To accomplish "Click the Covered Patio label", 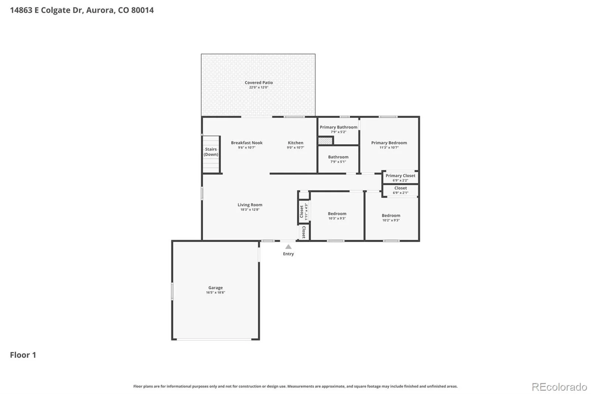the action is (259, 83).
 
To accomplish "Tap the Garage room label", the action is (216, 288).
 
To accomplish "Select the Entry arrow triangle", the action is (288, 247).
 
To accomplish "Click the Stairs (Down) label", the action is (211, 152).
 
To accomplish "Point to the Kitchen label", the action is (295, 143).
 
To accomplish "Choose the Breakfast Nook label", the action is (247, 143).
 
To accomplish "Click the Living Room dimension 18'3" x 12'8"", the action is (250, 210).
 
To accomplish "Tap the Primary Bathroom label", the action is (338, 127).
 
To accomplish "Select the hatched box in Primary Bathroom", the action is (325, 141).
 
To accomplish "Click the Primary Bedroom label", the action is (389, 143).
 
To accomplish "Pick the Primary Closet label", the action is (400, 176).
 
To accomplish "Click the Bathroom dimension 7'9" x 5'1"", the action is (338, 162).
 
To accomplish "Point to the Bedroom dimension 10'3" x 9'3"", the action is (337, 218).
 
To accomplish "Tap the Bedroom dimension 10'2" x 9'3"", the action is (391, 220).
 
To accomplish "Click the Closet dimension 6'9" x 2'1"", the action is (400, 193).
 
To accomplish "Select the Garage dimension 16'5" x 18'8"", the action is (216, 292).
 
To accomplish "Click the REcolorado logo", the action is (559, 387).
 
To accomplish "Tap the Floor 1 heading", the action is (23, 355).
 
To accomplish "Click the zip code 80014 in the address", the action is (143, 10).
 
